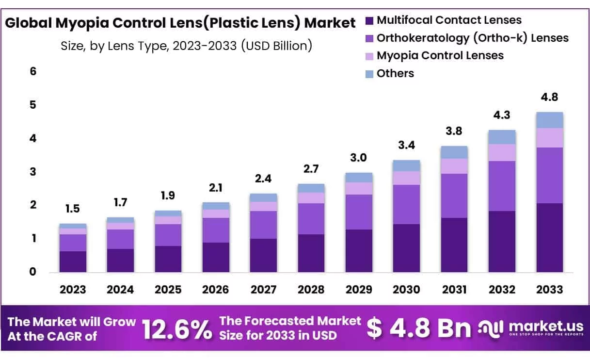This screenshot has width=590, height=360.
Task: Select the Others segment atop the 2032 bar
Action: click(x=502, y=137)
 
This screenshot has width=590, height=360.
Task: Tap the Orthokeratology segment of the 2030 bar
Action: click(x=407, y=204)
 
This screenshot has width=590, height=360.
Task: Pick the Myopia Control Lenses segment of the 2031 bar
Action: click(x=454, y=166)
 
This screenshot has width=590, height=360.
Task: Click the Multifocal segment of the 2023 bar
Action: click(x=73, y=262)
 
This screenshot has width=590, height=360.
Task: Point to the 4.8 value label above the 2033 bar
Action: click(x=549, y=97)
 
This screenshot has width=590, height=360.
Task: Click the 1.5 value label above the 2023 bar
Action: click(x=73, y=209)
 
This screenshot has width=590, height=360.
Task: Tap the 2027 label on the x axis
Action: click(x=264, y=290)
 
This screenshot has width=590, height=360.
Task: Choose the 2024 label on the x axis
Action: click(x=120, y=290)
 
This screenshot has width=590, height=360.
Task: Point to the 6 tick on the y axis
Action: click(x=33, y=71)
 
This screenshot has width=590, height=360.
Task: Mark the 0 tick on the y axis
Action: click(x=33, y=272)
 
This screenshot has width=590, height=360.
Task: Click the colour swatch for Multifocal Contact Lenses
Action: click(x=369, y=21)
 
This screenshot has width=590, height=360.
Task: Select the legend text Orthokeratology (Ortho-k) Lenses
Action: click(x=472, y=38)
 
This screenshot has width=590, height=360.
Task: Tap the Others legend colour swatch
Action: click(x=369, y=74)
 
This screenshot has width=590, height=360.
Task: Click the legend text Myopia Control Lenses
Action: click(x=440, y=56)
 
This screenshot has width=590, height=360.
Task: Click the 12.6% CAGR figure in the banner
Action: click(x=177, y=329)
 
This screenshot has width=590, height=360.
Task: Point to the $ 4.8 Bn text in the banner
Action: click(x=418, y=328)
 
